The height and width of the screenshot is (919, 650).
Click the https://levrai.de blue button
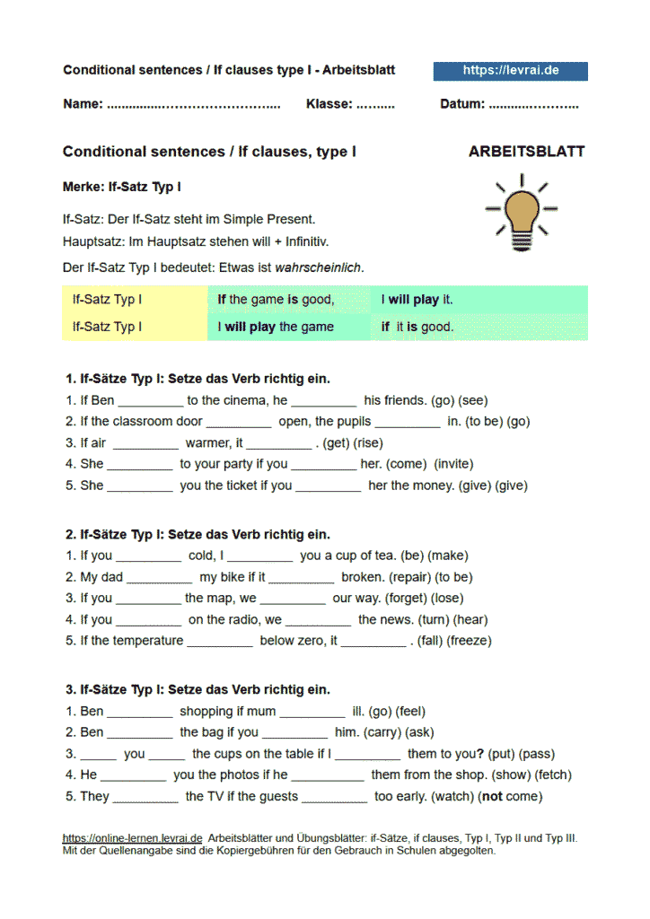(510, 71)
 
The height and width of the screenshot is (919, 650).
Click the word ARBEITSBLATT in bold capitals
(526, 152)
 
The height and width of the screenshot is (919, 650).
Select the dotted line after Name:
(193, 104)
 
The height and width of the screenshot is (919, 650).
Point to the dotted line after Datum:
(534, 104)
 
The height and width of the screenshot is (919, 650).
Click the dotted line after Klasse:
(375, 104)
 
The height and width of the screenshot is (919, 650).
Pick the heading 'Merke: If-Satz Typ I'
(122, 188)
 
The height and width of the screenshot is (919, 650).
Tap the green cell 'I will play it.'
(417, 300)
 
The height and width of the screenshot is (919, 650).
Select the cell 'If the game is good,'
(276, 300)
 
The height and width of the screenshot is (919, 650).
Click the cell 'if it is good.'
(417, 327)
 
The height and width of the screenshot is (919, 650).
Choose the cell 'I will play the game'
(276, 327)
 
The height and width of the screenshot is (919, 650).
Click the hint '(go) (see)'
(460, 400)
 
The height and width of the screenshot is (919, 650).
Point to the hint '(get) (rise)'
(354, 442)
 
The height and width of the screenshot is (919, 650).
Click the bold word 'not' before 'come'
(492, 796)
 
